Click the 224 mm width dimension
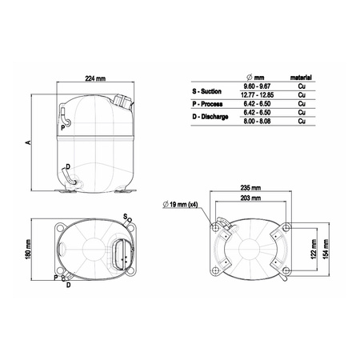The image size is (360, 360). (x=97, y=78)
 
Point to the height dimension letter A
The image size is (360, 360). (x=28, y=142)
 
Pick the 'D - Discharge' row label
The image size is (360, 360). (x=213, y=118)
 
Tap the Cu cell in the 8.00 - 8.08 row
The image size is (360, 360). (x=302, y=123)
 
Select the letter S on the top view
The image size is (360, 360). (x=126, y=216)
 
